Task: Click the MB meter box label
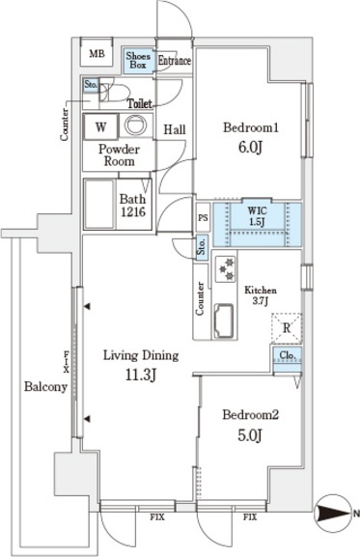click(97, 54)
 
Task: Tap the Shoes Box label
click(138, 61)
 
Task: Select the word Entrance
click(175, 61)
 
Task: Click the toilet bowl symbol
click(116, 93)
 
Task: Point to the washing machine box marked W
click(100, 126)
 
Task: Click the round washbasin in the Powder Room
click(136, 125)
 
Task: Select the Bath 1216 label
click(133, 206)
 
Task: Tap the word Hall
click(175, 129)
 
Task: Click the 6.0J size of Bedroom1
click(250, 147)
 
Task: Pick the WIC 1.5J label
click(258, 216)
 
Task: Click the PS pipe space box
click(204, 217)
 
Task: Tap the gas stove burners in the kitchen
click(226, 269)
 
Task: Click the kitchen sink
click(223, 320)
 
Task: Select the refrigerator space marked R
click(287, 328)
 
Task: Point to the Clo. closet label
click(286, 355)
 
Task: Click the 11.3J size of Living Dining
click(141, 376)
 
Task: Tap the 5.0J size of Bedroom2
click(250, 434)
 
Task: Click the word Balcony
click(45, 386)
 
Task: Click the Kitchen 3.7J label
click(261, 295)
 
